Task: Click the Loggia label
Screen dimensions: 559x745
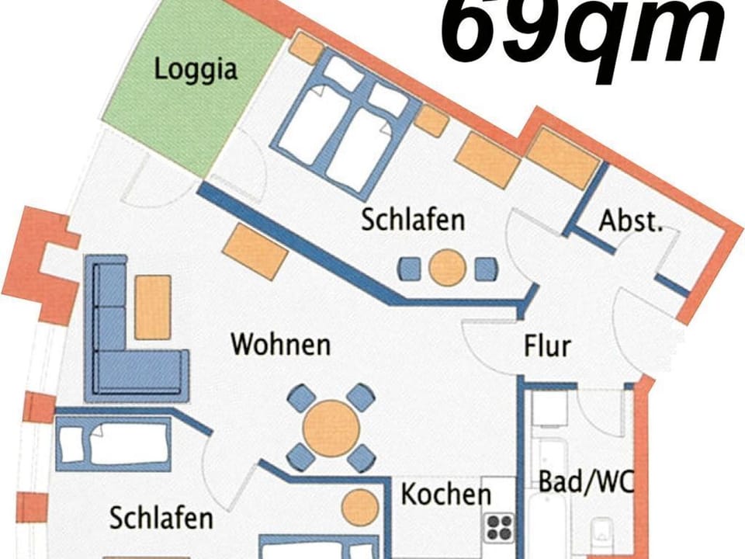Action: coord(195,69)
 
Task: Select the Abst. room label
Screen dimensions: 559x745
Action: coord(630,222)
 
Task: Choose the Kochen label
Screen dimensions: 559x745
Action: coord(445,495)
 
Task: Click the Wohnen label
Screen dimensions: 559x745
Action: coord(281,343)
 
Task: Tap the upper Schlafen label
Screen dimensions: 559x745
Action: coord(412,220)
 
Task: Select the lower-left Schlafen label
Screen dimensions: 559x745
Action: coord(161,518)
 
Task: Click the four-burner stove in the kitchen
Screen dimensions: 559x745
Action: coord(500,528)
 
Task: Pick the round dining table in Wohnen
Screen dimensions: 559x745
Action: coord(331,428)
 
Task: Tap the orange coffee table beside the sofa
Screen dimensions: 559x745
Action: coord(152,307)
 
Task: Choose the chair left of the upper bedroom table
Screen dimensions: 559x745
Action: coord(410,269)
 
